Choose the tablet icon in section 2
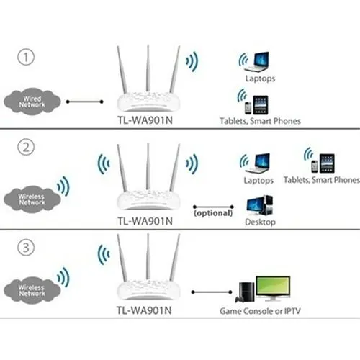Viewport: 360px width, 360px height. coord(325,161)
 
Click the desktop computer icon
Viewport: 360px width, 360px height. coord(260,207)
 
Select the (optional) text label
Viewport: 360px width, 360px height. coord(212,213)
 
